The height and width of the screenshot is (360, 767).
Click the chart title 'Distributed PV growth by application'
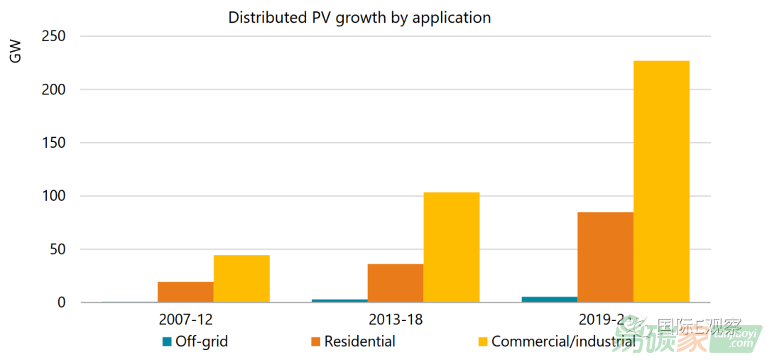pyautogui.click(x=359, y=18)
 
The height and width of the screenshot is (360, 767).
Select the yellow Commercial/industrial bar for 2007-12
pyautogui.click(x=241, y=279)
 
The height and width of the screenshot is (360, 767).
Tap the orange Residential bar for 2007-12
pyautogui.click(x=185, y=292)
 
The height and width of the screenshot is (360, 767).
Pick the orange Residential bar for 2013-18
pyautogui.click(x=396, y=283)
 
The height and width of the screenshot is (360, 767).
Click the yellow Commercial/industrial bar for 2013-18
pyautogui.click(x=452, y=248)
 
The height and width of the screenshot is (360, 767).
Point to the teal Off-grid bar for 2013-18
pyautogui.click(x=339, y=300)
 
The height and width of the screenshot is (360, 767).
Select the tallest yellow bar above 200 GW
pyautogui.click(x=661, y=182)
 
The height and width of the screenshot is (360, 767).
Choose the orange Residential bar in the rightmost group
pyautogui.click(x=605, y=257)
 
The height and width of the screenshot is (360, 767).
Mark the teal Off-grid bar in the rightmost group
pyautogui.click(x=549, y=299)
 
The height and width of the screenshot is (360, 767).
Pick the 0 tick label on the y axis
pyautogui.click(x=62, y=302)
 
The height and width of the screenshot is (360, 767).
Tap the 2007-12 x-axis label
pyautogui.click(x=185, y=320)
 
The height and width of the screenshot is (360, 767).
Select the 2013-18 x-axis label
pyautogui.click(x=396, y=320)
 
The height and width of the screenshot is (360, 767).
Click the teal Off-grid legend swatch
pyautogui.click(x=167, y=342)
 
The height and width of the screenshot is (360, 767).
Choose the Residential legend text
pyautogui.click(x=359, y=342)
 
